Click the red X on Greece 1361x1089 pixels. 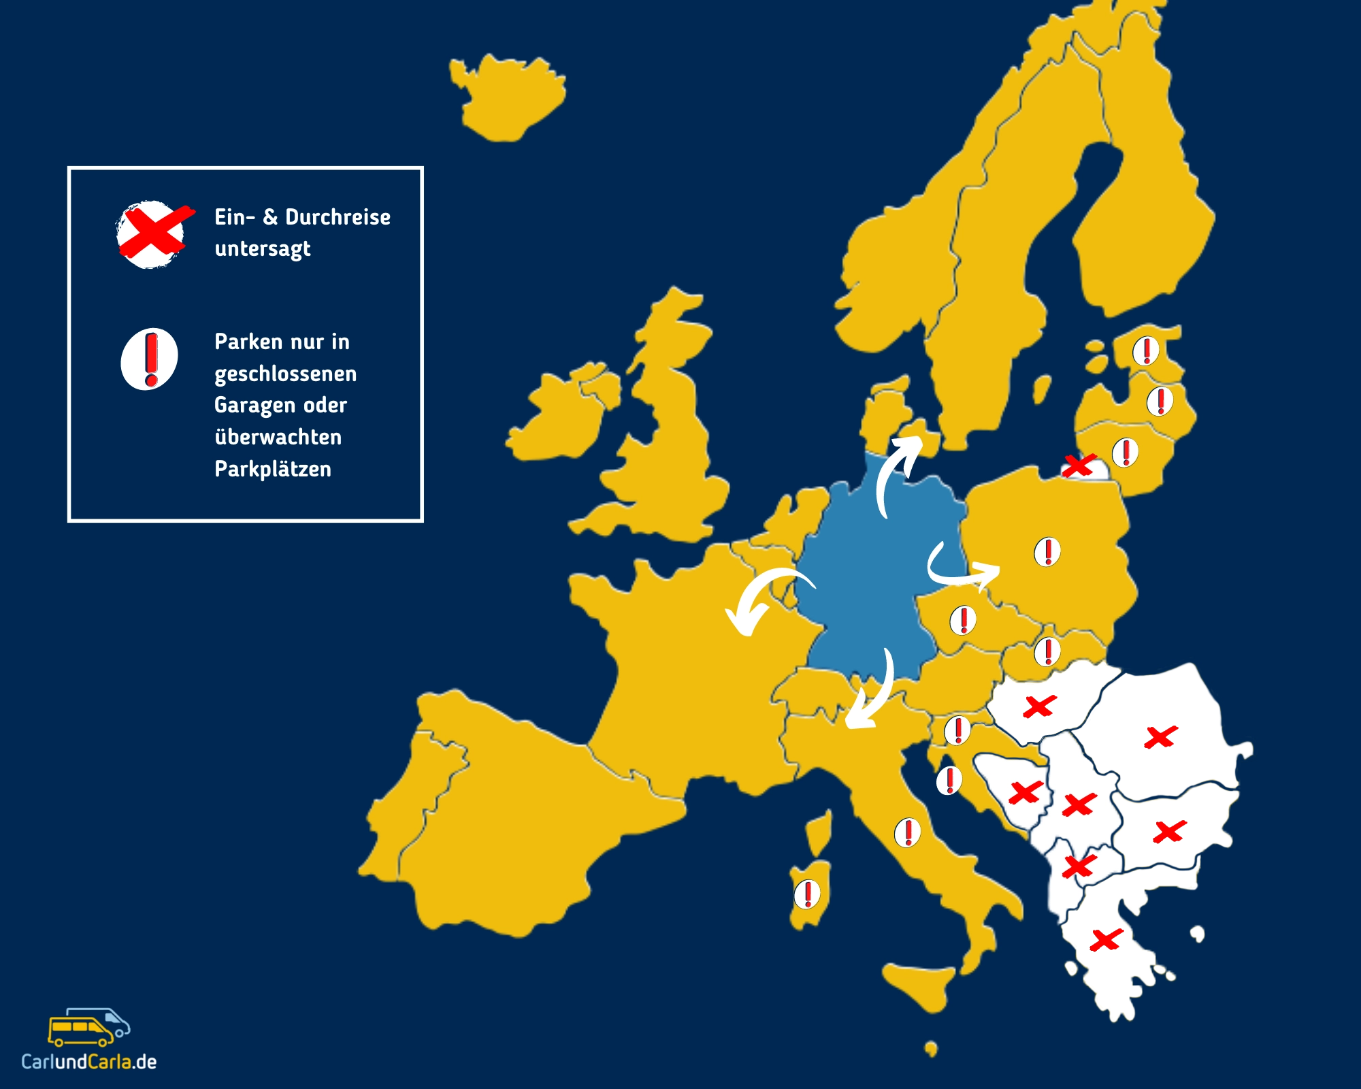point(1105,940)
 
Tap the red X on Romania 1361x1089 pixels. point(1160,737)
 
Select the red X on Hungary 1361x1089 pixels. point(1039,706)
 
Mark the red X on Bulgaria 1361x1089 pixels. point(1169,832)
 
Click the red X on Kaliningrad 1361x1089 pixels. point(1078,466)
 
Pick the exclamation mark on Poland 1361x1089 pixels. point(1047,552)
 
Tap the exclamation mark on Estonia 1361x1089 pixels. point(1146,351)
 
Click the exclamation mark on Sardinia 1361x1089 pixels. point(808,894)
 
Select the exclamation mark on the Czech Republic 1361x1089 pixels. point(963,620)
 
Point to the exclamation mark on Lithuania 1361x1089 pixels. point(1126,453)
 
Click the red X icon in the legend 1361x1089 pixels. point(153,233)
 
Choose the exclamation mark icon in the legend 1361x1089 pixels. point(150,359)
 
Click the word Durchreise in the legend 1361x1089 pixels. point(338,217)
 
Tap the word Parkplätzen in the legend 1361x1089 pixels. point(273,469)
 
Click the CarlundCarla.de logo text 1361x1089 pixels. point(89,1062)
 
